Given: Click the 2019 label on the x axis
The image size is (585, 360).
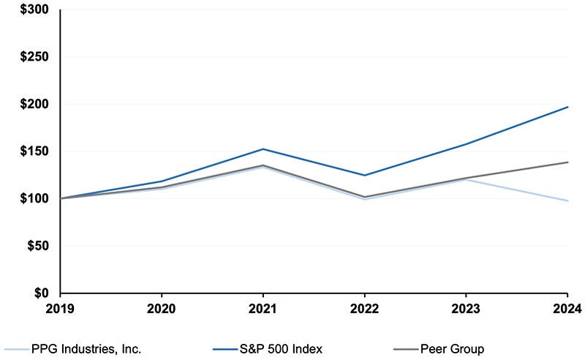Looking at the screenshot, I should click(61, 308).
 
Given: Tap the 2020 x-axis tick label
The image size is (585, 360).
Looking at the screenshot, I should click(162, 308).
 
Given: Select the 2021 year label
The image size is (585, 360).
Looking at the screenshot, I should click(263, 308).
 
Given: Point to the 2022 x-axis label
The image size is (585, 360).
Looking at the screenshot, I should click(365, 308).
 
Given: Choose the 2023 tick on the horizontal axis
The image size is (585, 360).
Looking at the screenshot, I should click(467, 308).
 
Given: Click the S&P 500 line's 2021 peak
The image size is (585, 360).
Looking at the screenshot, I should click(263, 149).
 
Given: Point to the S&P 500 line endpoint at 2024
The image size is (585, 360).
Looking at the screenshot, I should click(567, 108).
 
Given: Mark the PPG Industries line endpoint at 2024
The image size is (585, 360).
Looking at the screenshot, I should click(567, 200).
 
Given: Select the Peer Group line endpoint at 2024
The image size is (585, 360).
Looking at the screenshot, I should click(567, 162).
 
